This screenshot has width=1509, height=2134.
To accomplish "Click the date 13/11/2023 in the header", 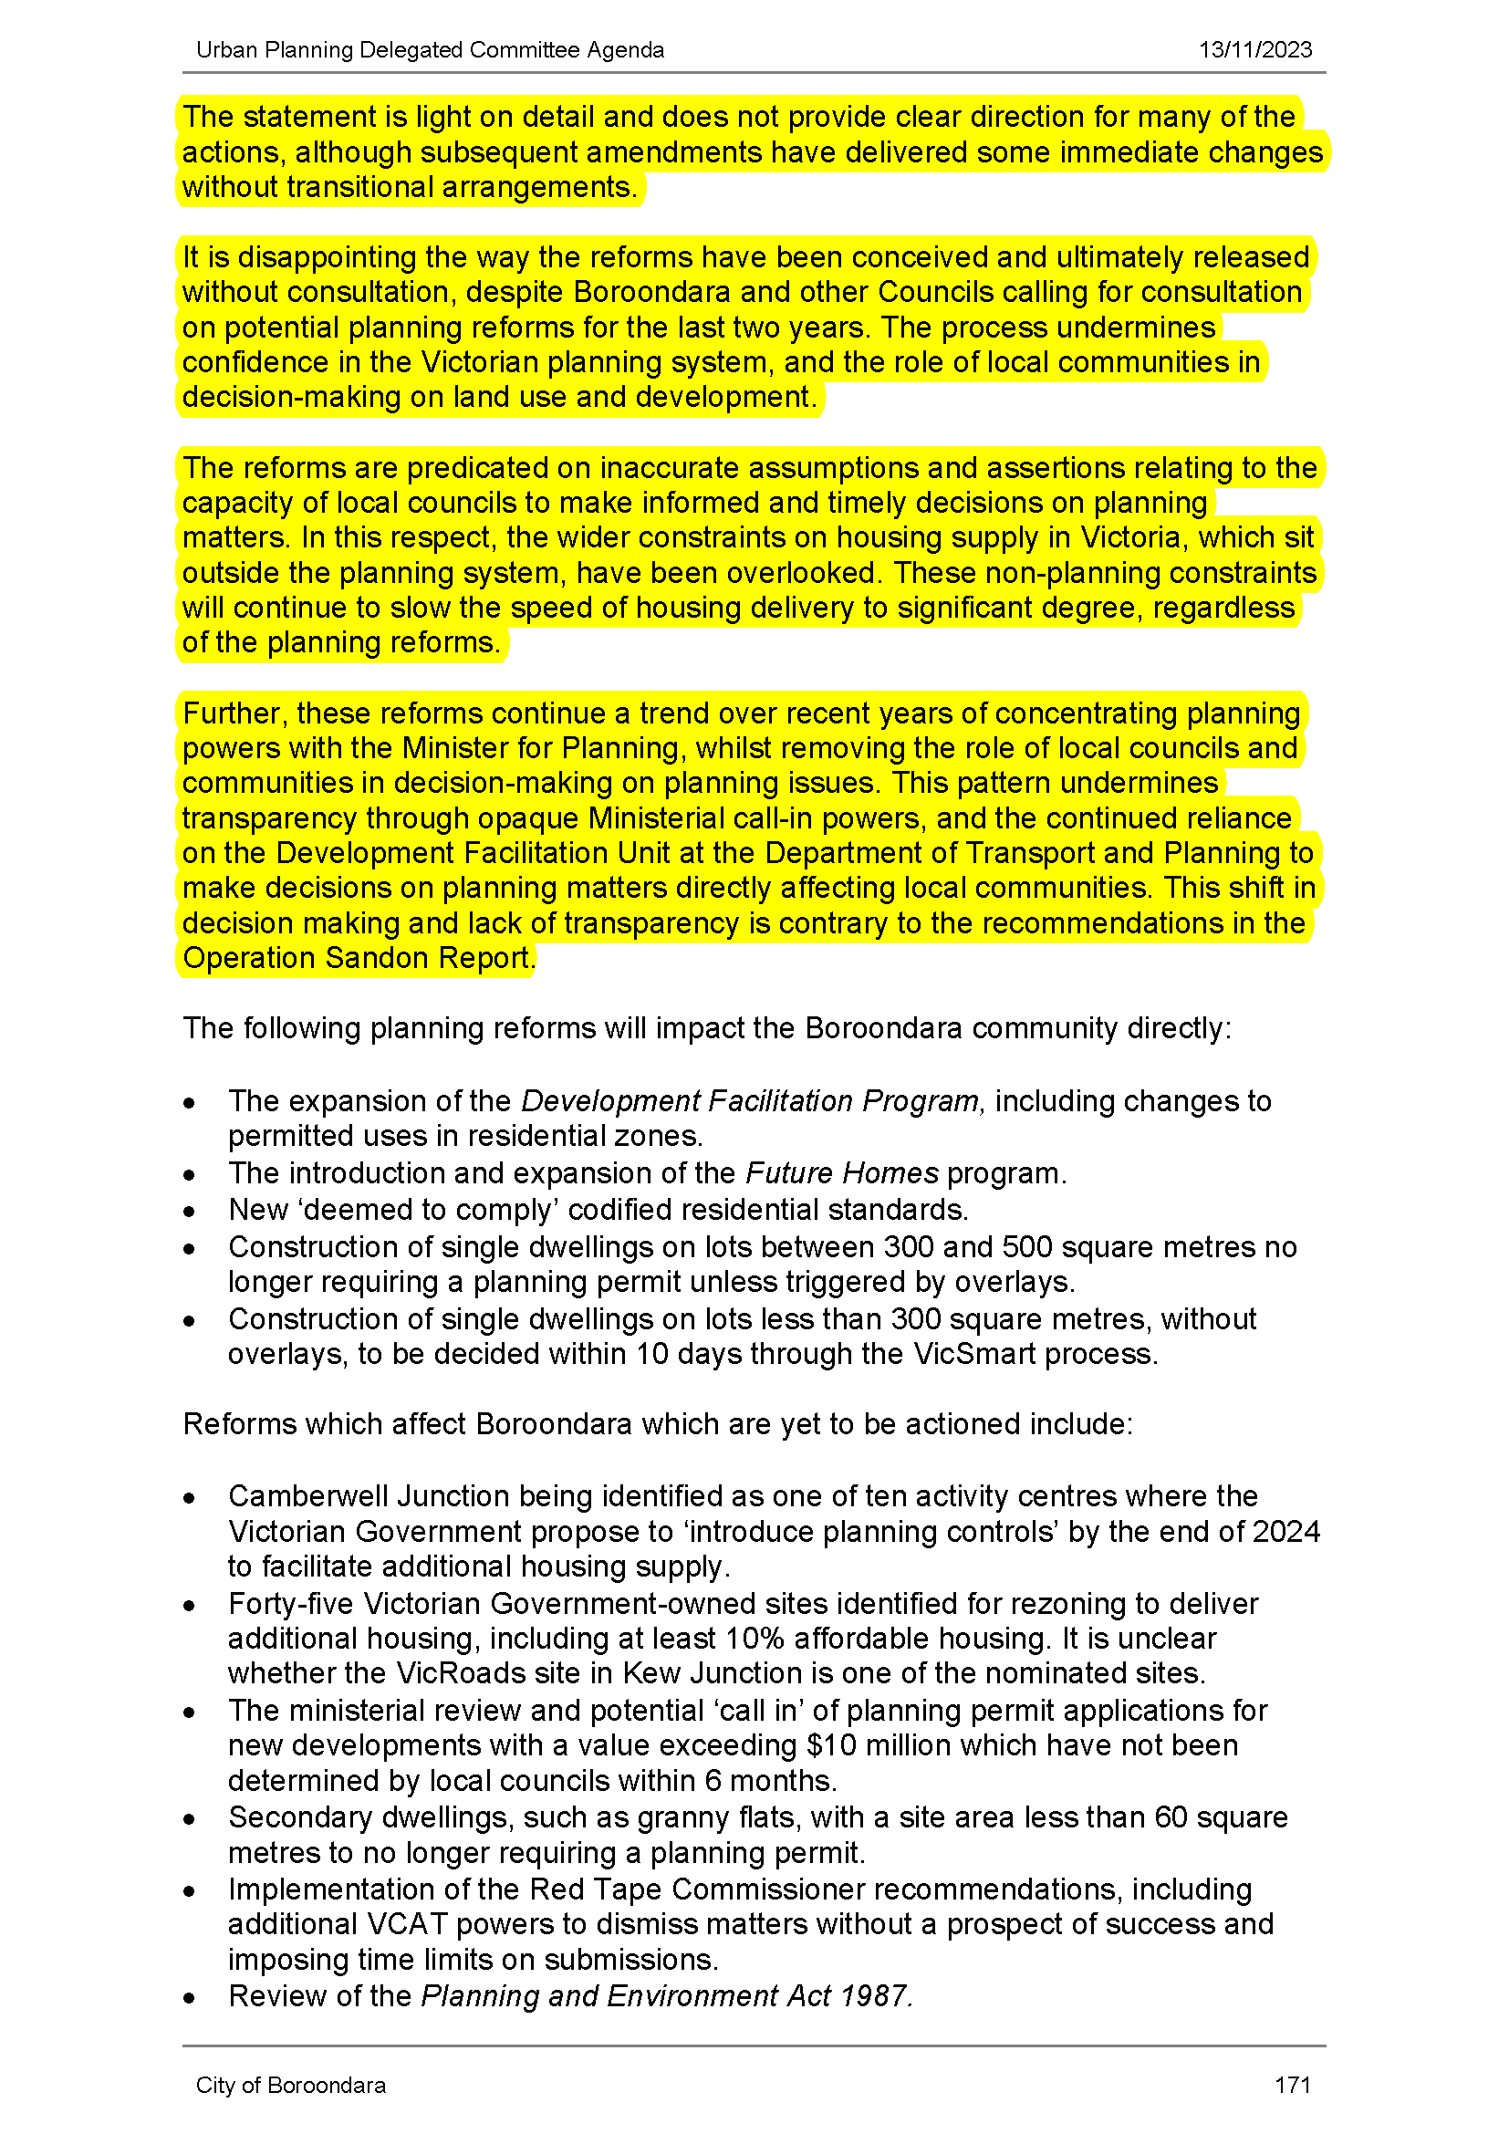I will point(1254,50).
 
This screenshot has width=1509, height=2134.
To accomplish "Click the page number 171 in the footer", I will point(1293,2086).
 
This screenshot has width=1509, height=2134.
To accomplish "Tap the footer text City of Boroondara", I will point(290,2086).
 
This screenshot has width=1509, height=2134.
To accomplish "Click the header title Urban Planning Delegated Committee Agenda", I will point(431,50).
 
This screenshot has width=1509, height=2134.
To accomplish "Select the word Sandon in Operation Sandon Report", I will point(376,958).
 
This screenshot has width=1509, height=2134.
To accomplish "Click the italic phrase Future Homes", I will point(842,1174).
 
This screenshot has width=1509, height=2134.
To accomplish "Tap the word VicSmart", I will point(973,1354).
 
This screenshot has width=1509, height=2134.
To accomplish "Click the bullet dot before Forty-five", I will point(190,1606).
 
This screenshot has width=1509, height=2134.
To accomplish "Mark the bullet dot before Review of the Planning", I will point(190,1998).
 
